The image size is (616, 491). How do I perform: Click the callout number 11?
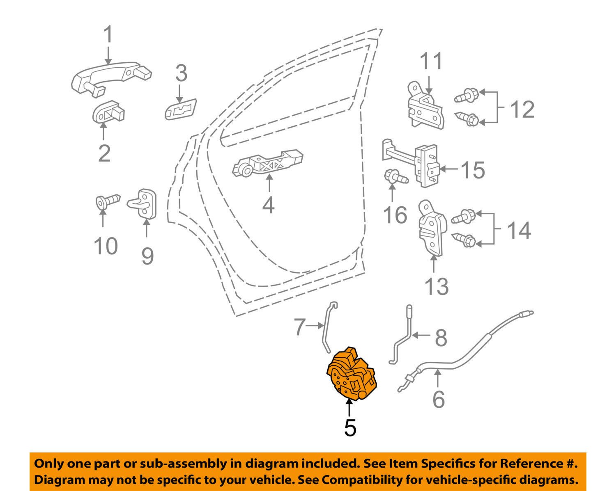tap(432, 62)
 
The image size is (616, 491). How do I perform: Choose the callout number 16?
tap(395, 215)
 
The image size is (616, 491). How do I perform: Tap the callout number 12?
tap(522, 110)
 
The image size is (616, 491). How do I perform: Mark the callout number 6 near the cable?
tap(439, 399)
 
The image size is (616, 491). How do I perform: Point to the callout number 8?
tap(441, 338)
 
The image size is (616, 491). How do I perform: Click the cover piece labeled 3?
tap(180, 108)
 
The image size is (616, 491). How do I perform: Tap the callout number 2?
tap(104, 153)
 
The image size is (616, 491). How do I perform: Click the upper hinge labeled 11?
tap(425, 105)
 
